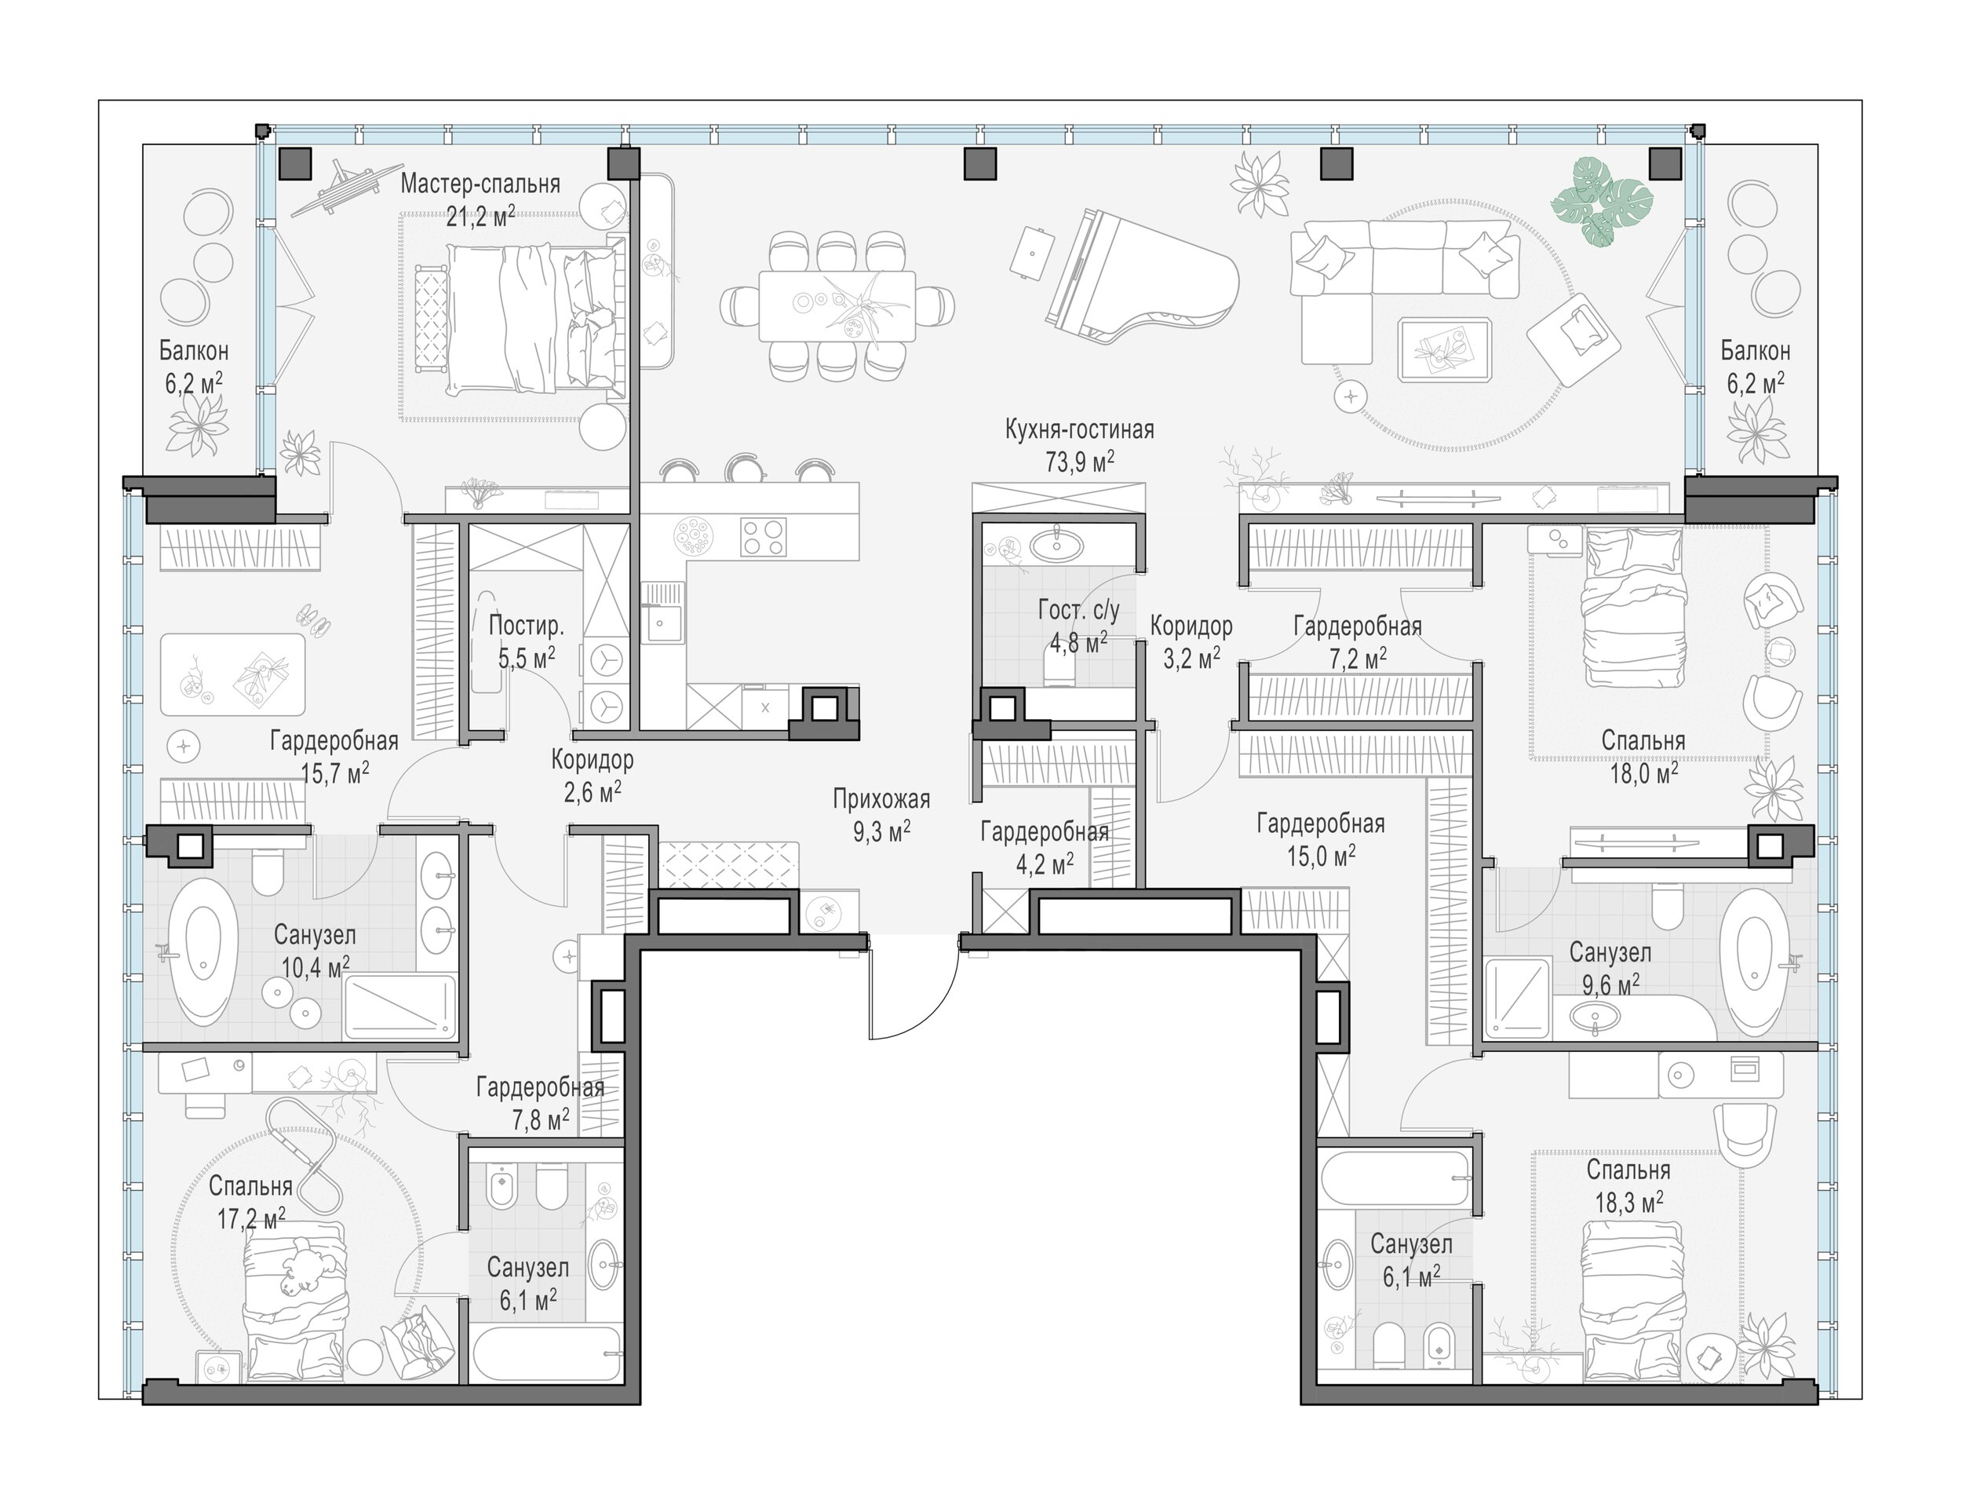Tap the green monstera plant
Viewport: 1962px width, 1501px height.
pyautogui.click(x=1603, y=202)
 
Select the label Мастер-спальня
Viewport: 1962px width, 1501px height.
pyautogui.click(x=480, y=184)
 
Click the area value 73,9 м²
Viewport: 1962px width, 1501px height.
pyautogui.click(x=1080, y=462)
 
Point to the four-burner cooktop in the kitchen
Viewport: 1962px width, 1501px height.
pyautogui.click(x=764, y=537)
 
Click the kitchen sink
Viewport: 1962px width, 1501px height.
pyautogui.click(x=662, y=612)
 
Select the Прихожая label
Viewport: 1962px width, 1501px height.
pyautogui.click(x=881, y=798)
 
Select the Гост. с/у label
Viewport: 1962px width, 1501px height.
pyautogui.click(x=1079, y=610)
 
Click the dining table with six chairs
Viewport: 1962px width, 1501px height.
pyautogui.click(x=837, y=305)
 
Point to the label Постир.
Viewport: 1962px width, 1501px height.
pyautogui.click(x=526, y=626)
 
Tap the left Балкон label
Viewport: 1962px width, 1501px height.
pyautogui.click(x=194, y=350)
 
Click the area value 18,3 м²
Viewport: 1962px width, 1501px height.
pyautogui.click(x=1629, y=1202)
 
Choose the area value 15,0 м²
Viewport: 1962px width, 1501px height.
pyautogui.click(x=1321, y=855)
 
